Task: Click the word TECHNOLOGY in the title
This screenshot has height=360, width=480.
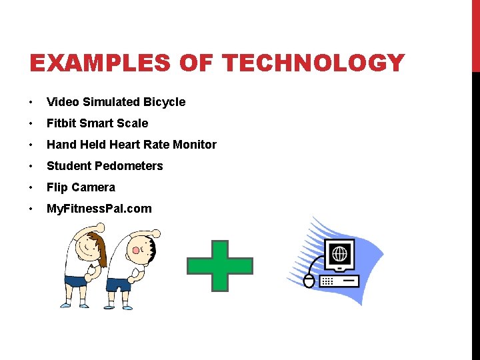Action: coord(313,63)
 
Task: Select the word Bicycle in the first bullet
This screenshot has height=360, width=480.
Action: coord(163,102)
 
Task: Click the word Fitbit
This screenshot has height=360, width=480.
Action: coord(62,123)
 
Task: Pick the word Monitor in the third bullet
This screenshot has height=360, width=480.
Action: coord(195,145)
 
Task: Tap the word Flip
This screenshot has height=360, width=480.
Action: coord(57,187)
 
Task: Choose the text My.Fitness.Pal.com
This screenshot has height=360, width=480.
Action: coord(99,209)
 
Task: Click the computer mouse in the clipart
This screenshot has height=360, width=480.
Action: coord(309,281)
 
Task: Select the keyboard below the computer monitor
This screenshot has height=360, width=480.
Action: coord(339,281)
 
